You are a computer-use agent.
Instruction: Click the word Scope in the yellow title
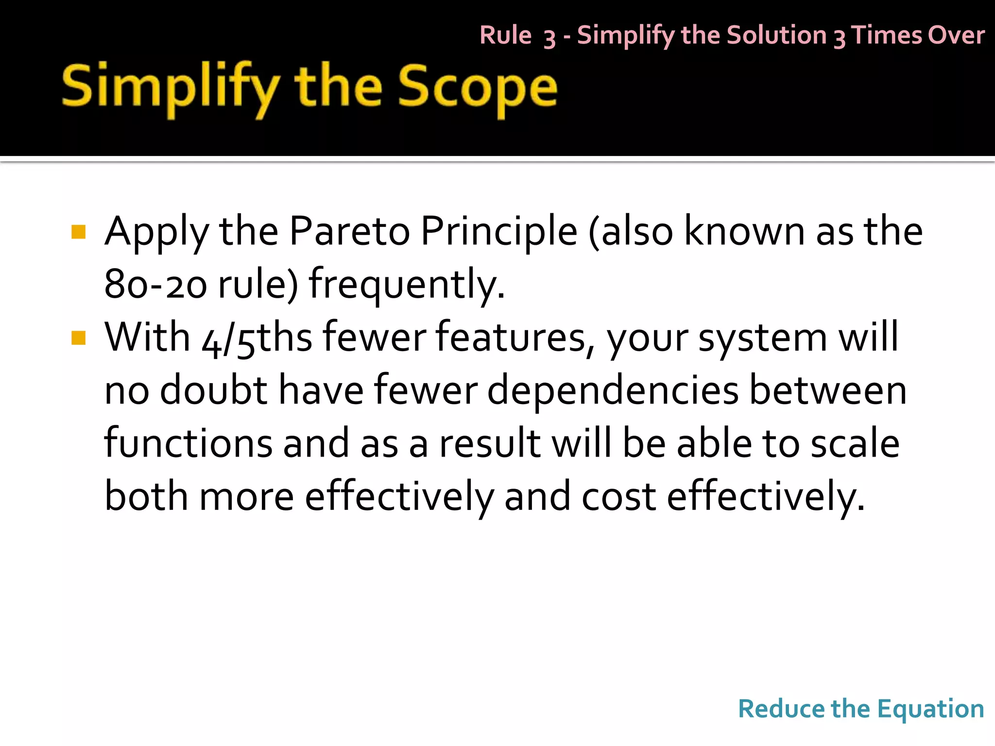click(478, 87)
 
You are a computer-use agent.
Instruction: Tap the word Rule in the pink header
click(505, 35)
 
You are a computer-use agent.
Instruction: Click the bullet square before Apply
click(78, 232)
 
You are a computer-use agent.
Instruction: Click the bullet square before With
click(78, 338)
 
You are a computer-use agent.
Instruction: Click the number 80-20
click(155, 285)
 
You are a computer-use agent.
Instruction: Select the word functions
click(189, 443)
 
